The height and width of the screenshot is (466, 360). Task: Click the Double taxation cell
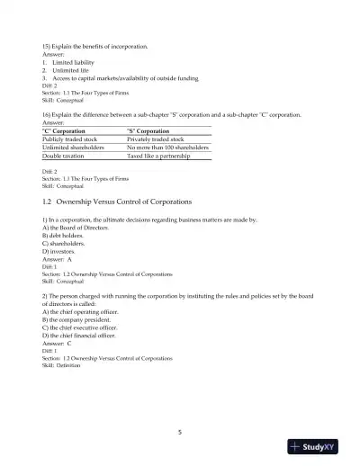tap(66, 157)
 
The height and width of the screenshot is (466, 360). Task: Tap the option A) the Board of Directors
tap(76, 229)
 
